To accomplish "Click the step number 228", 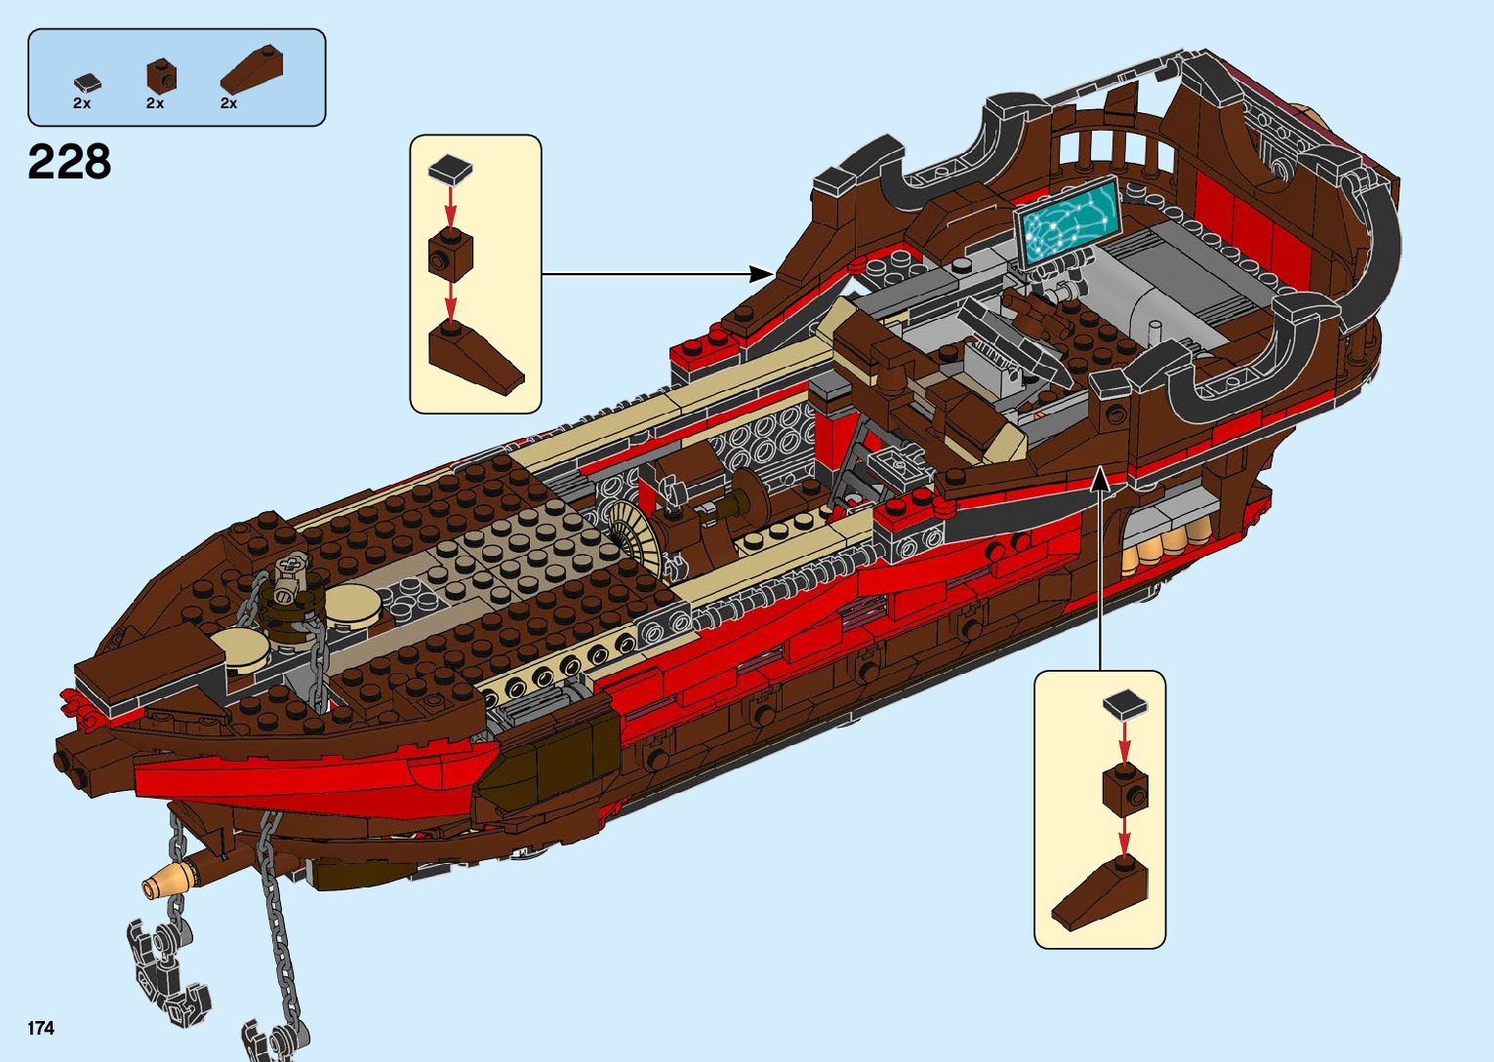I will pyautogui.click(x=69, y=162).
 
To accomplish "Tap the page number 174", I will pyautogui.click(x=41, y=1028).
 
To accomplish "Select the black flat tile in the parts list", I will pyautogui.click(x=87, y=84).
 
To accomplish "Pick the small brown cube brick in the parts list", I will pyautogui.click(x=161, y=74).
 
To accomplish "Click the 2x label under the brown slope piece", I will pyautogui.click(x=228, y=103).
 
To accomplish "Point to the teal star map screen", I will pyautogui.click(x=1066, y=220).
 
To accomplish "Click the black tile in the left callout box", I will pyautogui.click(x=450, y=170).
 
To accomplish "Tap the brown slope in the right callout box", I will pyautogui.click(x=1100, y=892).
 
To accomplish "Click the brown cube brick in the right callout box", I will pyautogui.click(x=1124, y=791).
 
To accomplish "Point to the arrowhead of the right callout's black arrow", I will pyautogui.click(x=1100, y=478).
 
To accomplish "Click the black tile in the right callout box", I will pyautogui.click(x=1124, y=704).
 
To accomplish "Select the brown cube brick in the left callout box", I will pyautogui.click(x=450, y=256).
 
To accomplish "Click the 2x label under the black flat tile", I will pyautogui.click(x=82, y=103).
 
